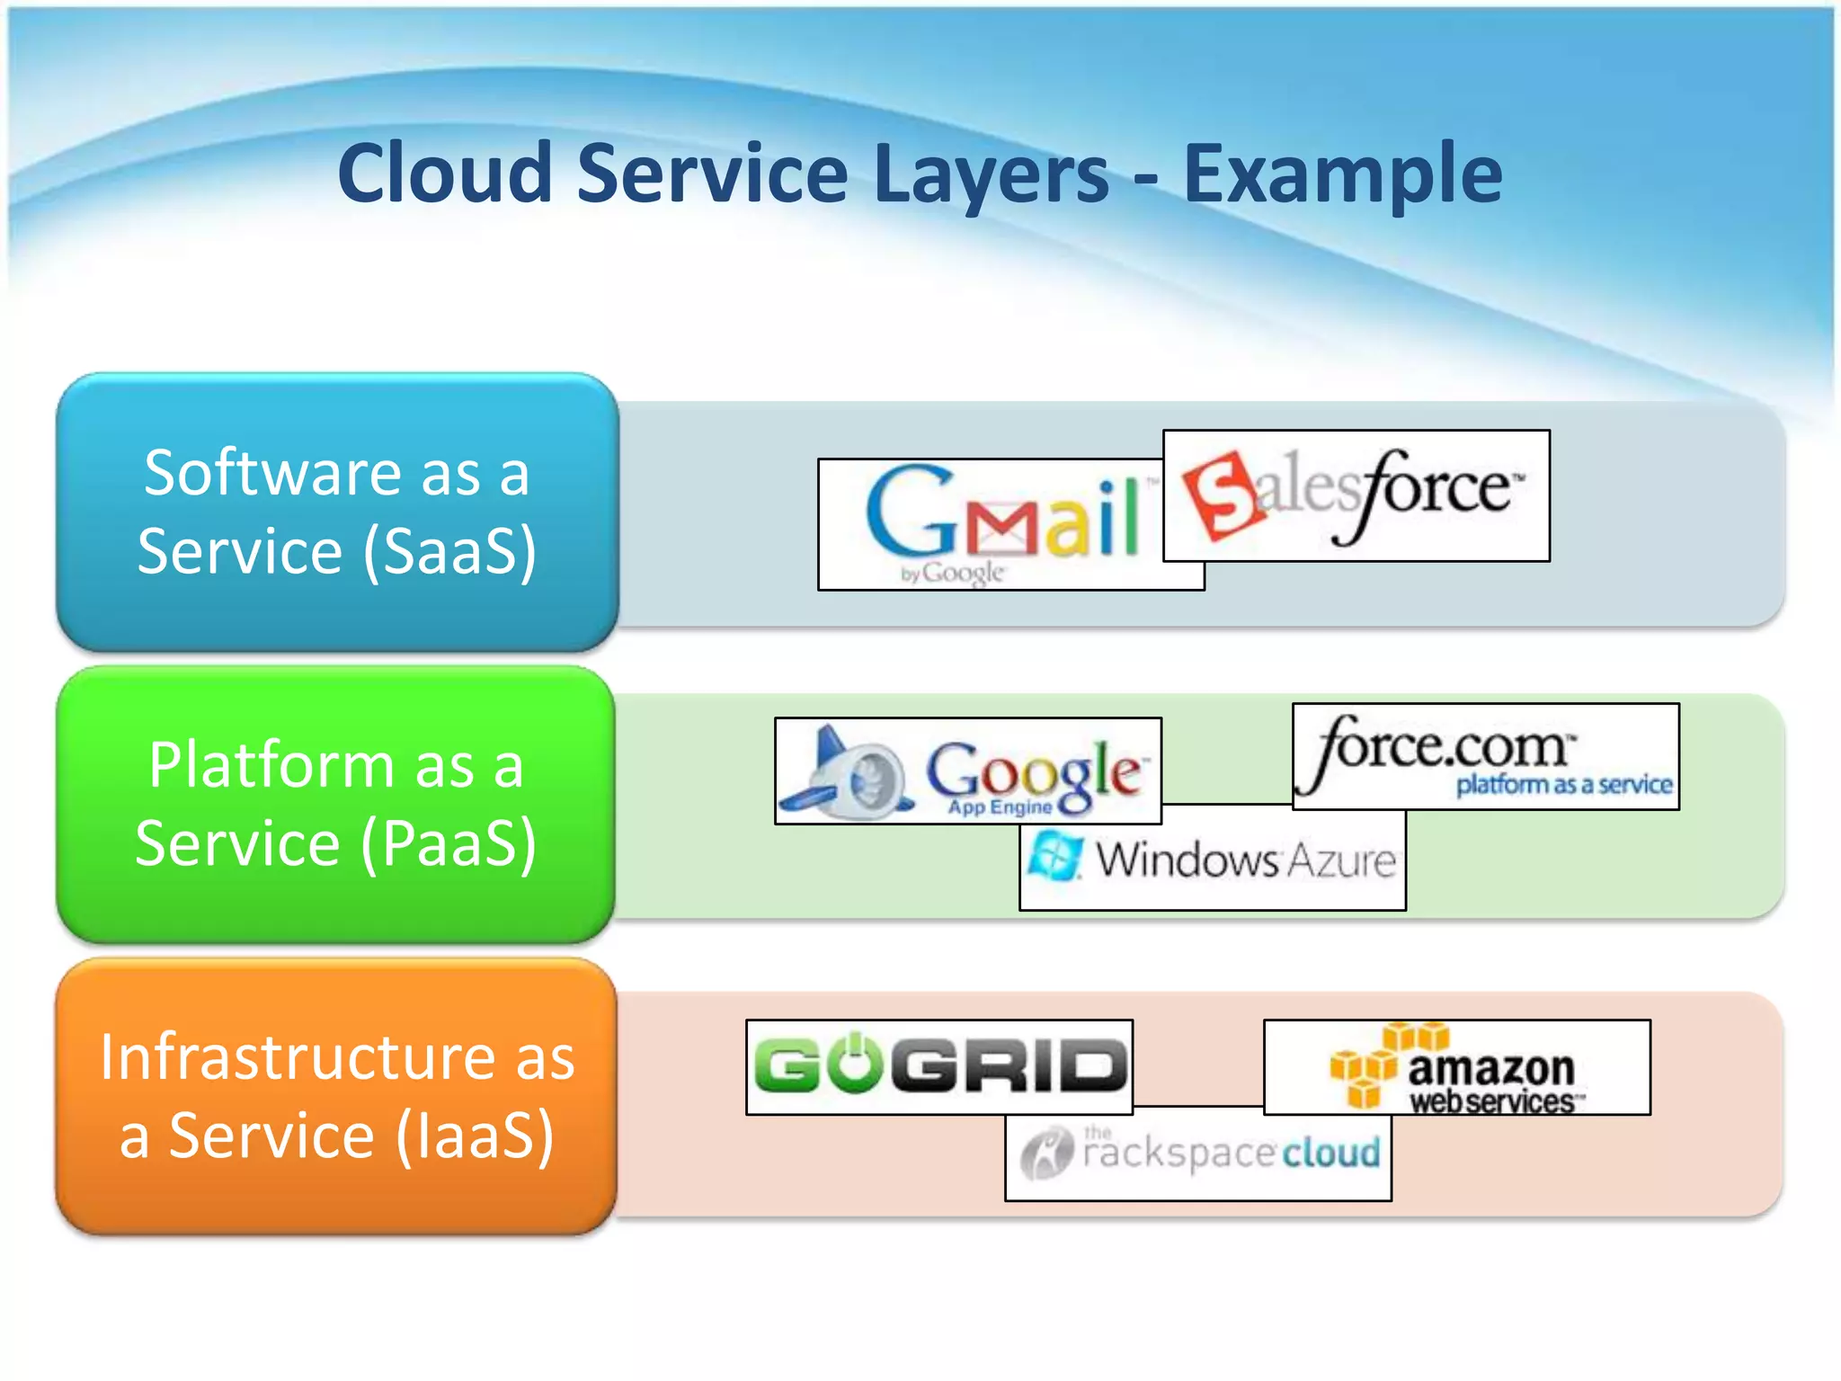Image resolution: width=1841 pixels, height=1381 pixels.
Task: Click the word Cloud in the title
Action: point(444,173)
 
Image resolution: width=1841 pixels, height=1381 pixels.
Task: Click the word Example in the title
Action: point(1341,173)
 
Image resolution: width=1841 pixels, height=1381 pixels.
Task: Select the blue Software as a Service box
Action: point(337,512)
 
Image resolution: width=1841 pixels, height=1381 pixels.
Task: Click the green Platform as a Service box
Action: point(335,804)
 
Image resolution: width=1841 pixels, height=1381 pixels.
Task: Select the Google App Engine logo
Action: point(967,771)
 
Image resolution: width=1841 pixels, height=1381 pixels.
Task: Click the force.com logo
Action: point(1485,755)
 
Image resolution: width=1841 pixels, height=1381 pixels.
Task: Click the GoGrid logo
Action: point(939,1066)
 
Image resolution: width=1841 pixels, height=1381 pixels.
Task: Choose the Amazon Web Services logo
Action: point(1456,1068)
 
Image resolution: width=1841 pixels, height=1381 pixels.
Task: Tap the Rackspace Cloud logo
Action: point(1199,1154)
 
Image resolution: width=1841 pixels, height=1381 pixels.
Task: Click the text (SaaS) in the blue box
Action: point(449,552)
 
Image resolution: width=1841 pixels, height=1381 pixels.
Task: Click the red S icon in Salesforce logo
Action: point(1220,494)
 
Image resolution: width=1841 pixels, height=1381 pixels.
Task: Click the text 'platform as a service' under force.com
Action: point(1563,785)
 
